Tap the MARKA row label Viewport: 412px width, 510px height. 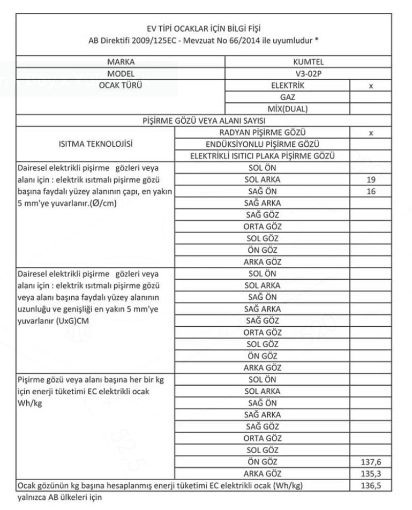[120, 62]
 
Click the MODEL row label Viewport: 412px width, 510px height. [120, 73]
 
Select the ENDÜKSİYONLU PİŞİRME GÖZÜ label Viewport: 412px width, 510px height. [263, 144]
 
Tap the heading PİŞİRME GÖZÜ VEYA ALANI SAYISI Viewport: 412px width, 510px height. [206, 120]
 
